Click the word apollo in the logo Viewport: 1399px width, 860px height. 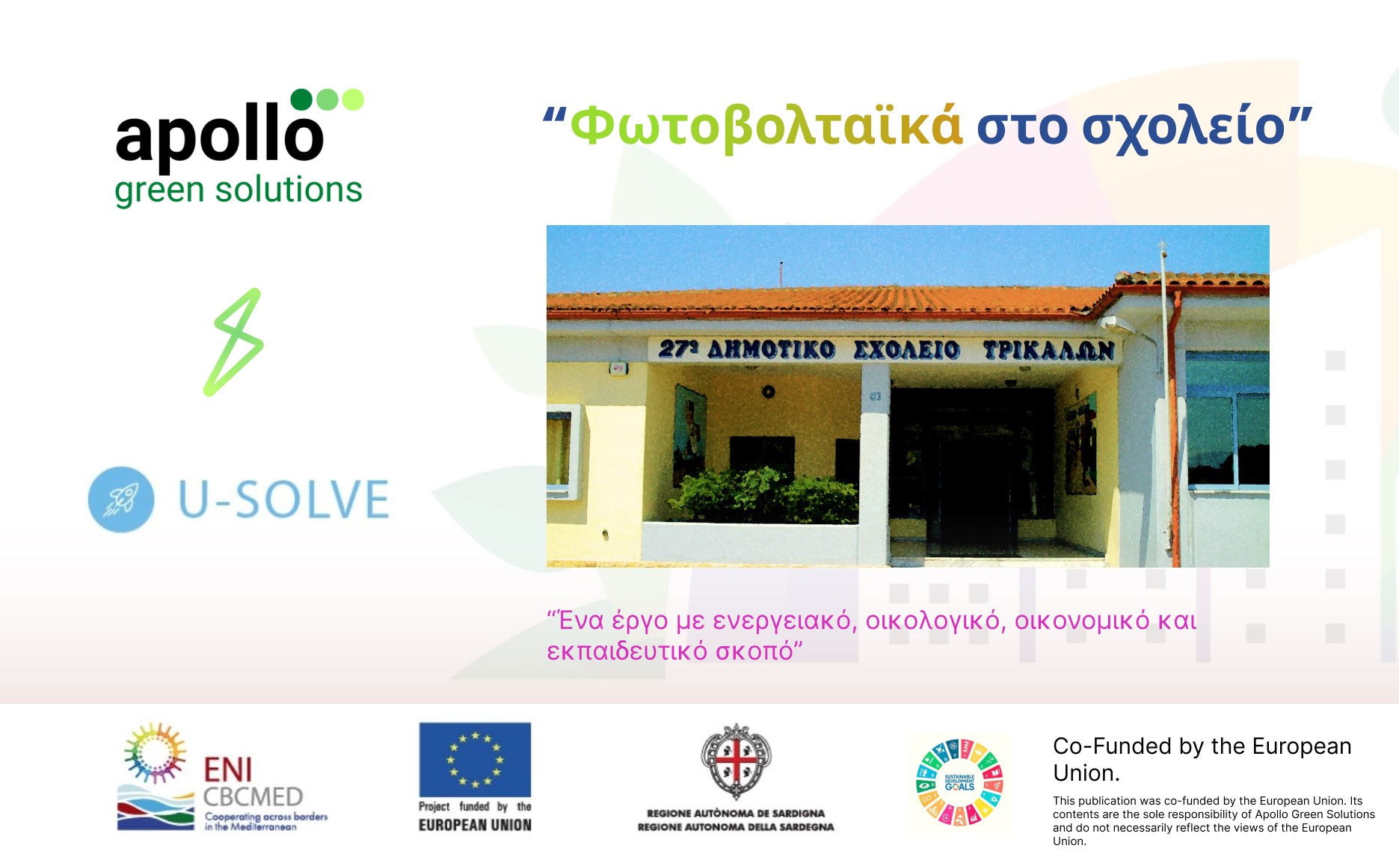coord(219,135)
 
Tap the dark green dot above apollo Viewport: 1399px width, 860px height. coord(301,99)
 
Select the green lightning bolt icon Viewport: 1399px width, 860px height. coord(233,342)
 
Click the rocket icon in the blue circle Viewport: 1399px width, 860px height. coord(121,500)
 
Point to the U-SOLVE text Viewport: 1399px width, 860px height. coord(284,500)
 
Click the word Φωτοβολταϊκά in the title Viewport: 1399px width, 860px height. coord(766,126)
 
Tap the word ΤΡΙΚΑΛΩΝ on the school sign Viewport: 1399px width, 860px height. coord(1048,350)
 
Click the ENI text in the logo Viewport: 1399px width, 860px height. coord(228,770)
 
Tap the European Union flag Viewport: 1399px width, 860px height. coord(475,759)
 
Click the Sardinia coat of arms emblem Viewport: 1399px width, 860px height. coord(736,761)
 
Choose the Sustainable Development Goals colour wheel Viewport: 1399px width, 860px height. coord(959,783)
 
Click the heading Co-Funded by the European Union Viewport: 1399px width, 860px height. coord(1202,759)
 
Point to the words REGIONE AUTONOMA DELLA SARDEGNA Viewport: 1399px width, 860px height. coord(736,827)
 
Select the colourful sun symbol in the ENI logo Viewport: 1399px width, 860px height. coord(155,752)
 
